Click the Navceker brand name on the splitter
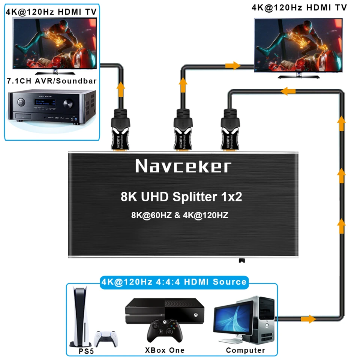(x=183, y=166)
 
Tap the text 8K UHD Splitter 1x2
(x=181, y=197)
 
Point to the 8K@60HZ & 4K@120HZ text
(x=180, y=216)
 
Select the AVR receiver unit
(x=50, y=107)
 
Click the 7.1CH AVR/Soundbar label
(x=51, y=81)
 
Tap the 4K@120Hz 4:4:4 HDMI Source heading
(x=174, y=282)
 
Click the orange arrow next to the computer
(x=309, y=319)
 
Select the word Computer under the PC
(x=245, y=350)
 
